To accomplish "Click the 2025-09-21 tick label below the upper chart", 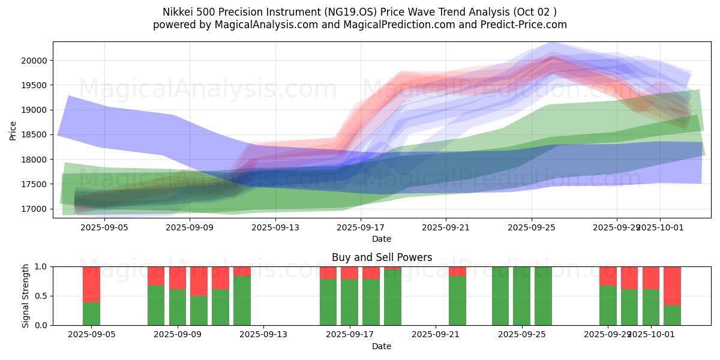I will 446,228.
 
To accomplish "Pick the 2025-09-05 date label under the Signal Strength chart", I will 91,335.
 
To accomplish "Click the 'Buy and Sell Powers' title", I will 382,257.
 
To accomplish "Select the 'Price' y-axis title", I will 13,130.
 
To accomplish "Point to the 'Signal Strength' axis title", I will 25,295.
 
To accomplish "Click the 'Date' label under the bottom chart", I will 382,346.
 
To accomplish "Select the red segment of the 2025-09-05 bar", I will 91,284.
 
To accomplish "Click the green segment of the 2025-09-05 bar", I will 91,313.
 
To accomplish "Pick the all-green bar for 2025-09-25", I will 522,296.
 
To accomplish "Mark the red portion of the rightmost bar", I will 672,286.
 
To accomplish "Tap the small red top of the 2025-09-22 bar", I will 457,271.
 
